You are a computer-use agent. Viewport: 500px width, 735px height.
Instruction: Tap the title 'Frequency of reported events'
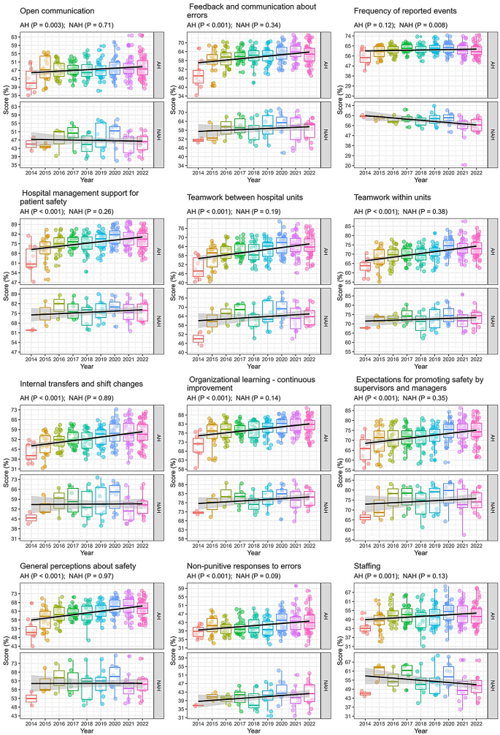tap(406, 12)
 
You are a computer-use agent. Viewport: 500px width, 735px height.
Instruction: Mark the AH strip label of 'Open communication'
tap(159, 64)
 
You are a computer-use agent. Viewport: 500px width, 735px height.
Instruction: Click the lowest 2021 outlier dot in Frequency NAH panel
tap(464, 165)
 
